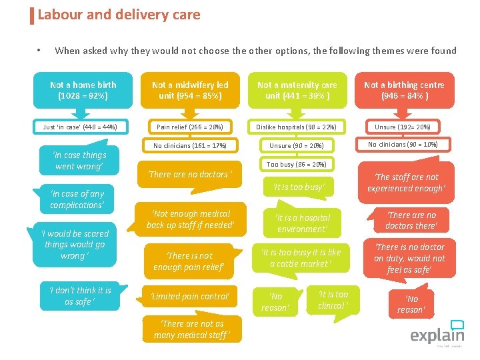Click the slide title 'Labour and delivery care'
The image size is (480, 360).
click(119, 15)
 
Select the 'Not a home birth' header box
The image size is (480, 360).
click(83, 90)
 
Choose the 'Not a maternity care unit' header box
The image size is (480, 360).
click(297, 90)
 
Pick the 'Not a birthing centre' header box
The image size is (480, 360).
click(404, 90)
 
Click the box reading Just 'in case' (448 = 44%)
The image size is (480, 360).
click(80, 127)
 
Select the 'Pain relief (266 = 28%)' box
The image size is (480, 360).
click(190, 127)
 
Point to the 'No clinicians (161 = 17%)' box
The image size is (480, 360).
click(190, 145)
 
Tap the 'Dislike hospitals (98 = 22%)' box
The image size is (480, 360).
click(297, 127)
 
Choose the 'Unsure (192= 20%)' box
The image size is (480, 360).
click(403, 127)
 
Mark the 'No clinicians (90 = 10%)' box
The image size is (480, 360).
click(403, 145)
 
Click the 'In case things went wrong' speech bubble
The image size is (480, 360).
click(79, 161)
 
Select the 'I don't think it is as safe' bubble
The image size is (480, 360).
click(80, 296)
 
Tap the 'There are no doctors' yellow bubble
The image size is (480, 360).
click(190, 175)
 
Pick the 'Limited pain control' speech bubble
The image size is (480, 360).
click(190, 296)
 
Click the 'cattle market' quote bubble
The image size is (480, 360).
click(301, 258)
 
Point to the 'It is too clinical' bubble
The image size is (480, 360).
click(333, 300)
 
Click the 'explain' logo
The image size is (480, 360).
click(437, 333)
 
